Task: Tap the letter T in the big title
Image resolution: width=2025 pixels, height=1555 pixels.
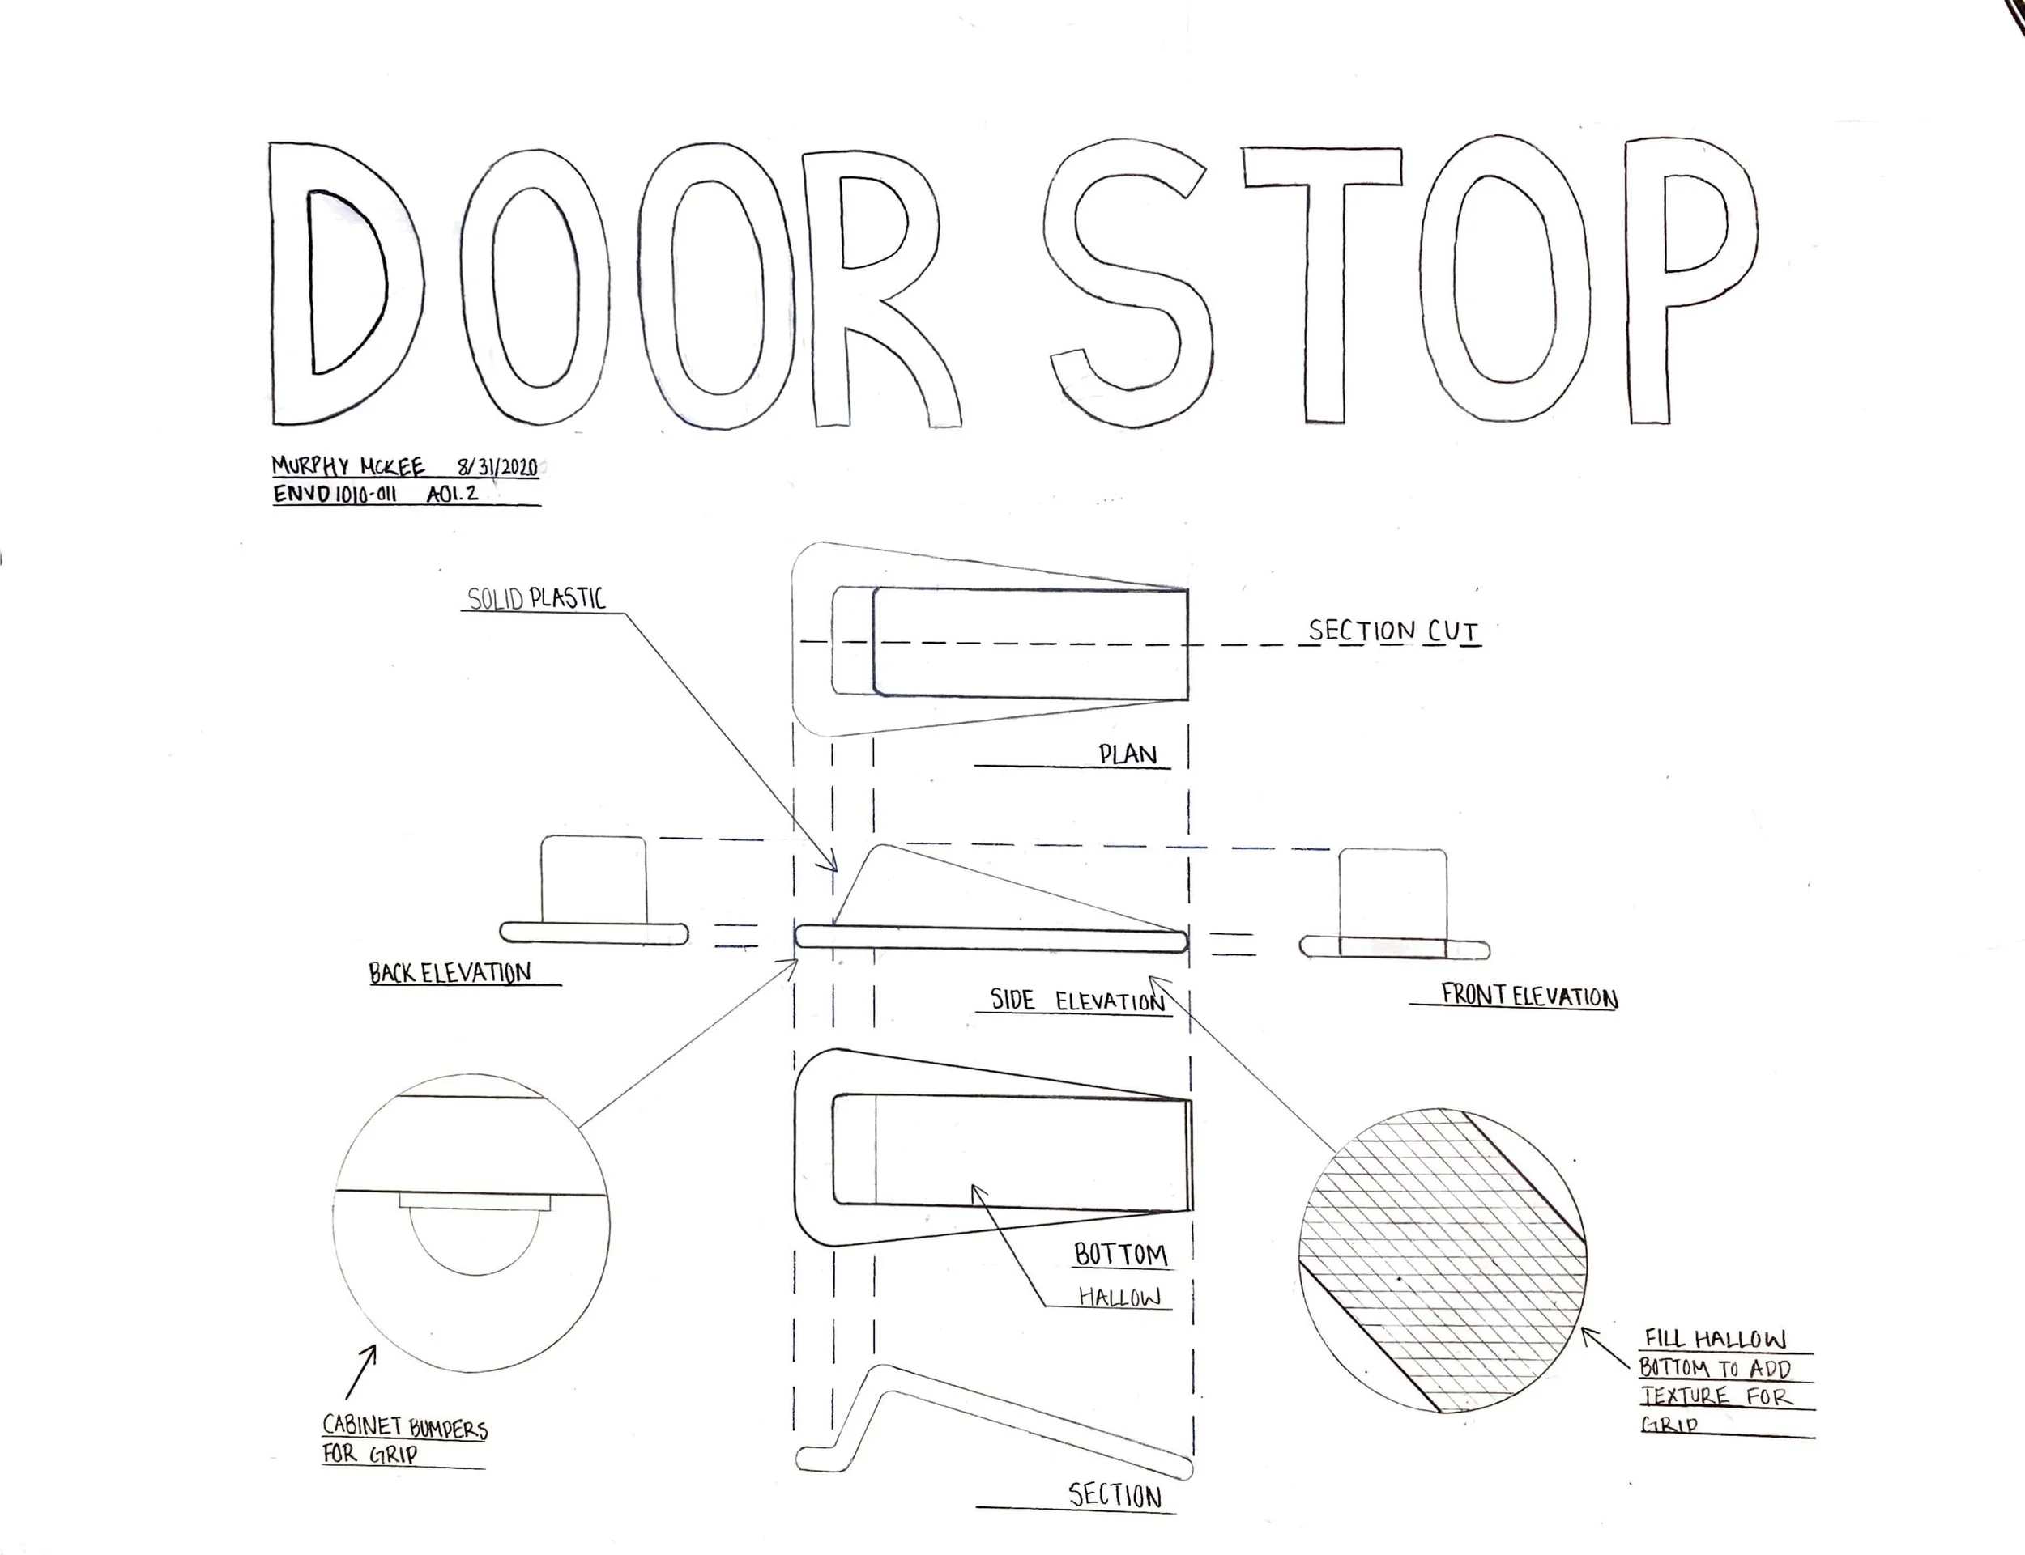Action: point(1322,278)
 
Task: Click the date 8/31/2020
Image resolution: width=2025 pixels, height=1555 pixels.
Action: point(497,465)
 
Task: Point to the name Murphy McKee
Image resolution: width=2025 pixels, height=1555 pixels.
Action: point(348,465)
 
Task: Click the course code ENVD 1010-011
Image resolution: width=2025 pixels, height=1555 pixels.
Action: point(335,495)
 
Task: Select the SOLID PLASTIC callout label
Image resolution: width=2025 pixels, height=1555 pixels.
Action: point(536,599)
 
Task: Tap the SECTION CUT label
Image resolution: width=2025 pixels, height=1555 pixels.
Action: point(1392,631)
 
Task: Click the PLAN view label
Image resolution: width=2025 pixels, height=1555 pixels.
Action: point(1128,754)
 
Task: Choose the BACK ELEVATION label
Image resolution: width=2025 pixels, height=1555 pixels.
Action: point(450,973)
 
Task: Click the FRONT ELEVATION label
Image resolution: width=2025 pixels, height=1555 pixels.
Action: point(1528,996)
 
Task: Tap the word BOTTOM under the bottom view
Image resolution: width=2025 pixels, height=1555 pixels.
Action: point(1120,1255)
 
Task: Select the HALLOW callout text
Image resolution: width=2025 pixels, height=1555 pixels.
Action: point(1119,1298)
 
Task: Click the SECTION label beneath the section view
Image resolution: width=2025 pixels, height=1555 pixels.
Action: point(1115,1496)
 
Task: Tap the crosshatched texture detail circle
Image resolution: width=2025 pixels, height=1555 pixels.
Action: point(1442,1260)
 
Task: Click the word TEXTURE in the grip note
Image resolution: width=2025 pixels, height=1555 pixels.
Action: point(1684,1396)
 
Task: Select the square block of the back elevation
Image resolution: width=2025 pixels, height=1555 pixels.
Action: point(593,879)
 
